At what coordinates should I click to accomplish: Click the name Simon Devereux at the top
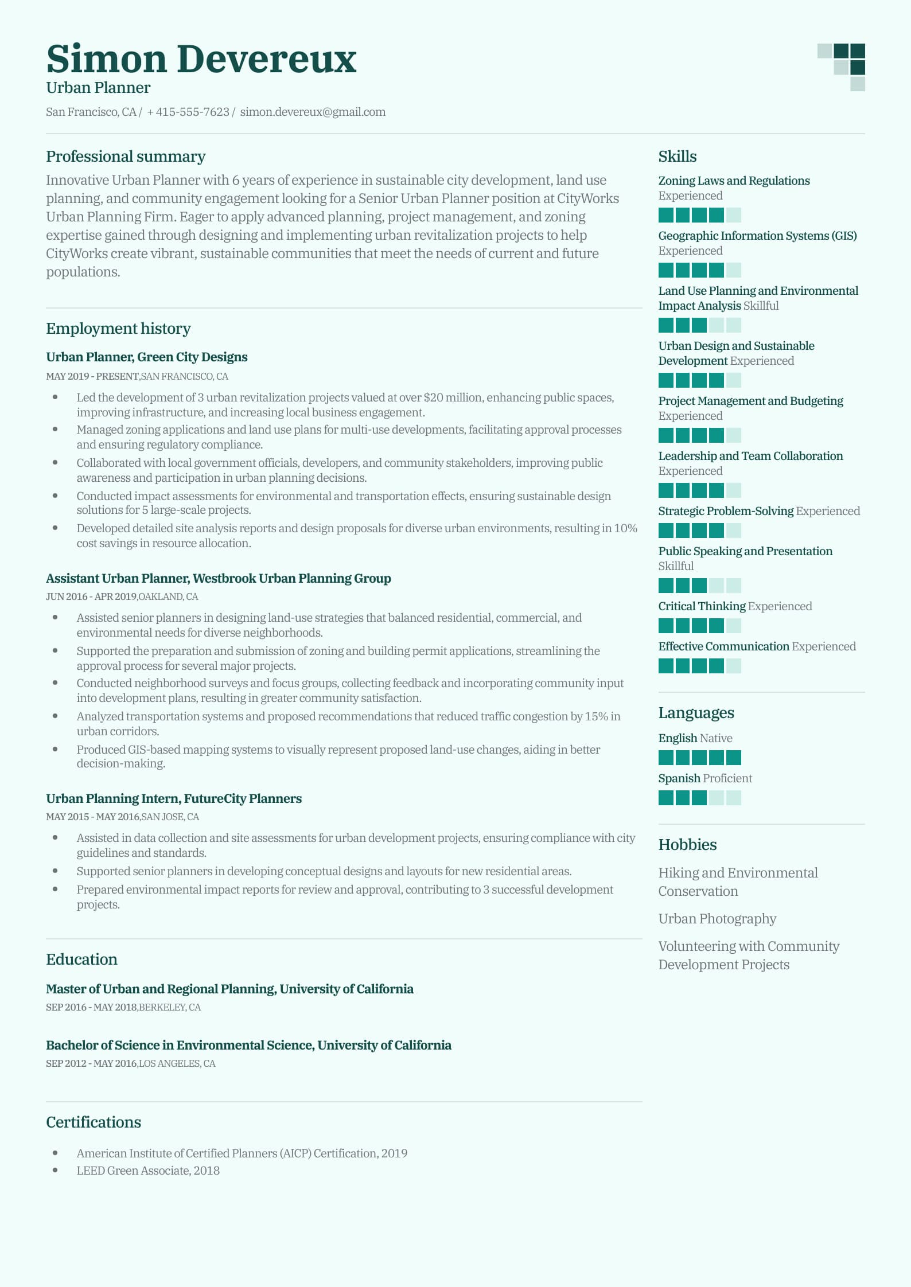pos(201,59)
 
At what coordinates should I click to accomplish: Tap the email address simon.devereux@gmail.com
pos(313,112)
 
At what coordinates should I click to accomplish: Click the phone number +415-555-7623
pos(188,112)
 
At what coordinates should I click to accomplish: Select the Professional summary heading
pos(126,157)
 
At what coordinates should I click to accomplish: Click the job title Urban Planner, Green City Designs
pos(147,357)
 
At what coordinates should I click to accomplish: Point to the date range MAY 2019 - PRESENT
pos(92,377)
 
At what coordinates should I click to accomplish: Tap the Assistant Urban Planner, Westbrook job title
pos(218,578)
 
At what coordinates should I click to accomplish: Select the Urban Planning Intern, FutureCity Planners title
pos(174,798)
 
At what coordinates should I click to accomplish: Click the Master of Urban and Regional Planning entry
pos(229,989)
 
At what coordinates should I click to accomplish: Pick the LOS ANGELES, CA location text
pos(177,1063)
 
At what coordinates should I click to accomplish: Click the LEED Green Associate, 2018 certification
pos(148,1171)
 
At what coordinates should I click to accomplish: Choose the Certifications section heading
pos(94,1122)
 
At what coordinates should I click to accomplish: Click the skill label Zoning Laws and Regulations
pos(734,181)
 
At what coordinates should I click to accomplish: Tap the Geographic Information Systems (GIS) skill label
pos(757,236)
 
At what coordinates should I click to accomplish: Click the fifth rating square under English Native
pos(733,758)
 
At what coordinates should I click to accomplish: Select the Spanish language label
pos(679,778)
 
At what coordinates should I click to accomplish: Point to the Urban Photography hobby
pos(717,919)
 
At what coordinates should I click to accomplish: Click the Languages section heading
pos(696,713)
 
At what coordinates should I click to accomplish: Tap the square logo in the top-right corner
pos(842,67)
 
